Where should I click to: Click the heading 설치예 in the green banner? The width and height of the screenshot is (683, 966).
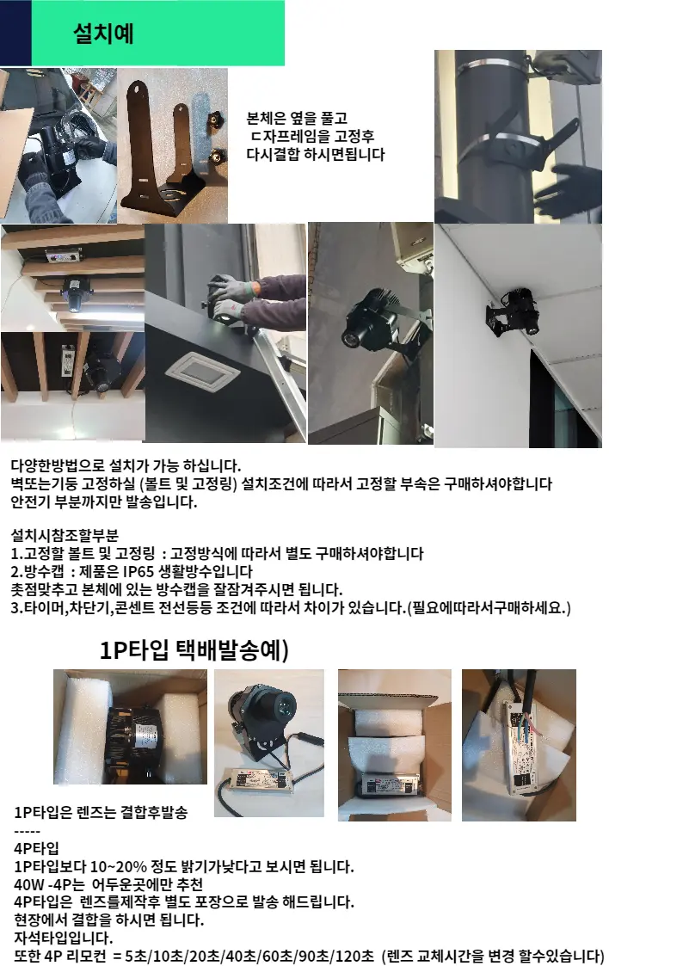click(103, 34)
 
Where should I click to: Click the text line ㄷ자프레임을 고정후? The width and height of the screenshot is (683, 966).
click(312, 137)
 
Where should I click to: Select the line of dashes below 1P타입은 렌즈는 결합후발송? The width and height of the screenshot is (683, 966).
click(28, 831)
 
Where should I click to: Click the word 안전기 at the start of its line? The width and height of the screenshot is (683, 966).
click(31, 502)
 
